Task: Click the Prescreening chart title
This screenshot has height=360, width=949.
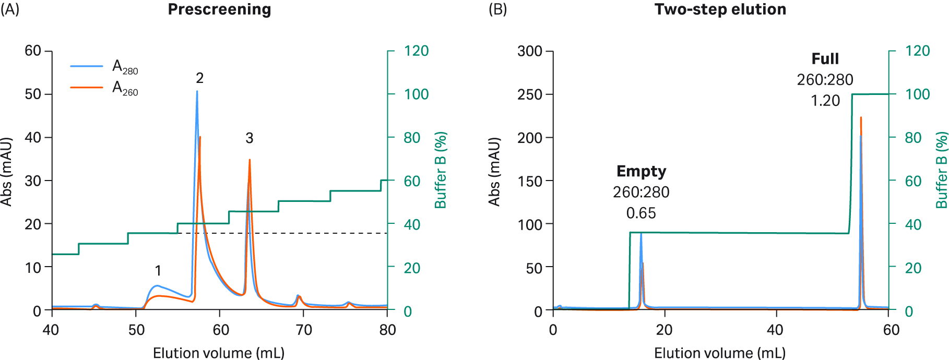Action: tap(219, 9)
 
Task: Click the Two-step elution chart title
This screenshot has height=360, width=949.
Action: tap(720, 9)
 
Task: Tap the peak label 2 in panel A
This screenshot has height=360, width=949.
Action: tap(199, 78)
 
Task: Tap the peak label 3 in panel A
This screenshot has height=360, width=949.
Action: tap(250, 138)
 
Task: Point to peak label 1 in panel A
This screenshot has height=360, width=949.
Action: tap(158, 270)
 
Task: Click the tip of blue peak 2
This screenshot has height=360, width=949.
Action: tap(197, 92)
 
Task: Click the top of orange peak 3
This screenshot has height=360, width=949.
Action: tap(250, 160)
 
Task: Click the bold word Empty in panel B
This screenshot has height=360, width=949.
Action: tap(641, 171)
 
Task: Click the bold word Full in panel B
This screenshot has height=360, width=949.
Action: tap(825, 58)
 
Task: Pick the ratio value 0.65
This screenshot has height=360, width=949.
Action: tap(641, 213)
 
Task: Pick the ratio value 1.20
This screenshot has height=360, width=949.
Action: tap(825, 100)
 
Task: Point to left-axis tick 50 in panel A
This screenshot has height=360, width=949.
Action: tap(32, 94)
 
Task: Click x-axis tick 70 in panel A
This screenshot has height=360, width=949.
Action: tap(304, 330)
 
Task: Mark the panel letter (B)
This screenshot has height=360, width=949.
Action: tap(497, 9)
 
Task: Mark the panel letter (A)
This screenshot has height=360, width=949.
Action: tap(9, 9)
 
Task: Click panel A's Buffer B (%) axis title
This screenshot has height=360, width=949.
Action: tap(441, 170)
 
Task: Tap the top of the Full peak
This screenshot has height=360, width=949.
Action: tap(861, 118)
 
